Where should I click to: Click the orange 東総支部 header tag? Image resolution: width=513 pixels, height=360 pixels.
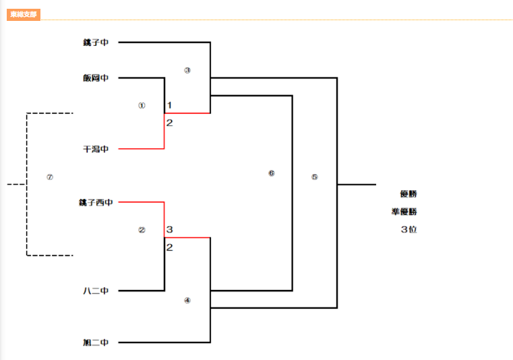(24, 14)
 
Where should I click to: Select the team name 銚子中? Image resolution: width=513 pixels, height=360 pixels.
(96, 42)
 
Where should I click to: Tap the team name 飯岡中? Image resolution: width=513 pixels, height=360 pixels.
(96, 78)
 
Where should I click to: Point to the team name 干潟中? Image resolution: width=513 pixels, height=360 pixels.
(96, 149)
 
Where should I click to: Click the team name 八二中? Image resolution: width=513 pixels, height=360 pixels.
(96, 291)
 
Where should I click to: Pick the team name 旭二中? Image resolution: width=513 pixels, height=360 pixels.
(96, 343)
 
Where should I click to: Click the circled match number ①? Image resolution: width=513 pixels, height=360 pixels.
(142, 105)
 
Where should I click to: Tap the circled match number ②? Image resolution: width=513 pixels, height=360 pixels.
(142, 229)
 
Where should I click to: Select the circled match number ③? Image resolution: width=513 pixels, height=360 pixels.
(187, 70)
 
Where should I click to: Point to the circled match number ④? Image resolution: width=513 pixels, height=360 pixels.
(187, 301)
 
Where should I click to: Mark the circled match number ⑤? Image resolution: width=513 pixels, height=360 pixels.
(314, 177)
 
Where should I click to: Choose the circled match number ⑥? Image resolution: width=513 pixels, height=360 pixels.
(272, 173)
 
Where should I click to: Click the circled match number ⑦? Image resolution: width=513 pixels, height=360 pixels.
(49, 177)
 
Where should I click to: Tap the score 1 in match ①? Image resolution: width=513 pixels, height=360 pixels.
(170, 105)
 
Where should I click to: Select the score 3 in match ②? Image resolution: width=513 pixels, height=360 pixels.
(170, 230)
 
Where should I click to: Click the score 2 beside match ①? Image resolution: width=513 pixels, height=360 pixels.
(170, 123)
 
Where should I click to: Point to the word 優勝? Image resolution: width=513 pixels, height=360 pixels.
(409, 194)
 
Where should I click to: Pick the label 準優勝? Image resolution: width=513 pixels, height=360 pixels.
(404, 212)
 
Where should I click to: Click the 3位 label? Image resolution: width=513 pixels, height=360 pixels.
(409, 229)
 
